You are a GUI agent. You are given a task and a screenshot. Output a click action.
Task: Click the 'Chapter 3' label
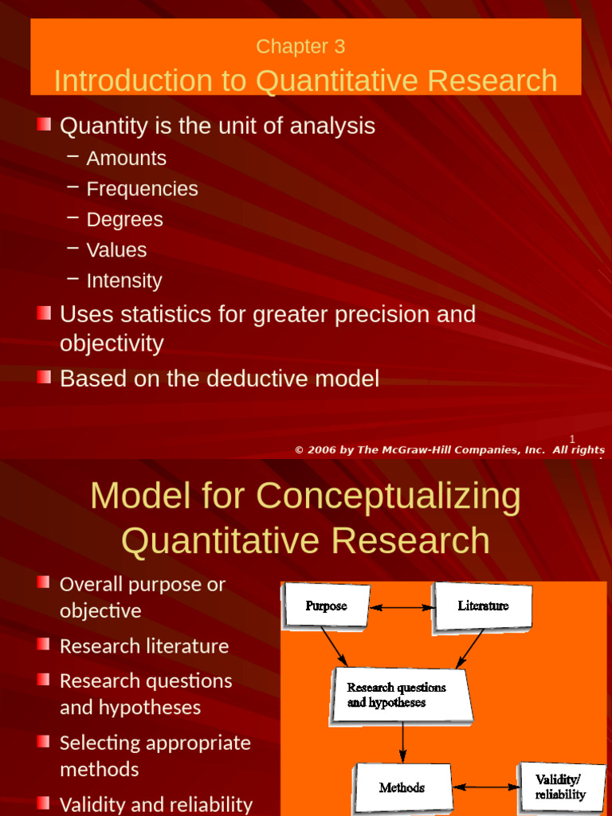point(300,47)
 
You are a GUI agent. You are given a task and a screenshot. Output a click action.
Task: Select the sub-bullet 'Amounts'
point(126,159)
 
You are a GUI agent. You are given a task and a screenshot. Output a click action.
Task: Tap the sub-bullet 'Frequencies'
point(142,189)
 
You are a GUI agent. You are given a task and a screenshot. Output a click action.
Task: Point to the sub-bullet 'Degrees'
point(124,219)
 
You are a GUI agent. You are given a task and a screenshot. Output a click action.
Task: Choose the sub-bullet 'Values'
point(116,249)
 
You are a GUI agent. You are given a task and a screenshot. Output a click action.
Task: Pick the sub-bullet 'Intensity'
point(124,280)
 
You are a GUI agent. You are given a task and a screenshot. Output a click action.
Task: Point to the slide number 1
point(571,438)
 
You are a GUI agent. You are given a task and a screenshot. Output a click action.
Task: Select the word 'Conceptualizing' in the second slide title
point(387,496)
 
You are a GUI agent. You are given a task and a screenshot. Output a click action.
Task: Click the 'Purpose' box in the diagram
point(327,606)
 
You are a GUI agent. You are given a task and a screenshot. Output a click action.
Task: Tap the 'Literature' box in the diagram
point(483,606)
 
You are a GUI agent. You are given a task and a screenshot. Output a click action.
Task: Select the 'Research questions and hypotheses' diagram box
point(401,694)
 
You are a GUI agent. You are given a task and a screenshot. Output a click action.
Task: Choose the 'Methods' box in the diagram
point(402,787)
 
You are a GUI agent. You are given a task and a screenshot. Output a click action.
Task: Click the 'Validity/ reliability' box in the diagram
point(560,787)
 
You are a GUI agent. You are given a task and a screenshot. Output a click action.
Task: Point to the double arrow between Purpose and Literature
point(402,607)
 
